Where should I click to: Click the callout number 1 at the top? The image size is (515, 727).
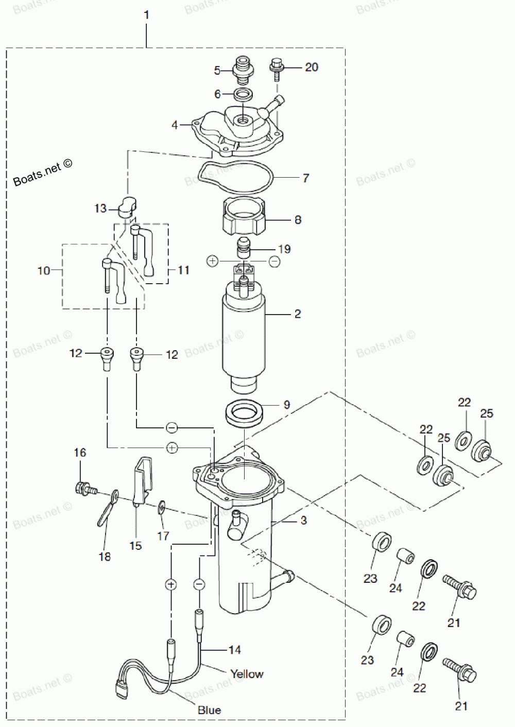146,15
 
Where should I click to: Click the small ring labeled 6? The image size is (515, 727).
243,95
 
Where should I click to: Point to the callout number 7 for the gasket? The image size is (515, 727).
306,178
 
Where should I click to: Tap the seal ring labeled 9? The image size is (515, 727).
245,412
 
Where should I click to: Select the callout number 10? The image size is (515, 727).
44,270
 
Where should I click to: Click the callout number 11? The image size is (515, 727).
184,270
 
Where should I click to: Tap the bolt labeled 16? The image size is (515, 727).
82,487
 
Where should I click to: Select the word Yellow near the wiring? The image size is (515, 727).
247,674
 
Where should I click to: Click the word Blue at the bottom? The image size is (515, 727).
209,711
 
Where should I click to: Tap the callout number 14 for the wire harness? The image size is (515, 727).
234,650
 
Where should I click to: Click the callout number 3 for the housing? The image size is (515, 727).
303,521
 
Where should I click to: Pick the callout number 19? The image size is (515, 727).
284,249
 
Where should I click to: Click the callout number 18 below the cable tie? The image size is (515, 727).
105,557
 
